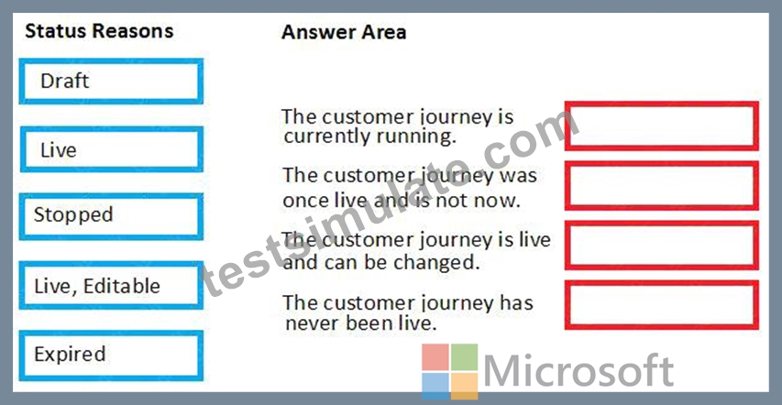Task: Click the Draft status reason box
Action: click(111, 82)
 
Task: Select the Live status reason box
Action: click(111, 149)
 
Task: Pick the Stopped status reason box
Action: click(111, 217)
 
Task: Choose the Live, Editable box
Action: click(111, 285)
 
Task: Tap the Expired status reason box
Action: click(111, 355)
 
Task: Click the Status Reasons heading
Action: click(99, 31)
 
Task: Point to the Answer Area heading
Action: click(344, 32)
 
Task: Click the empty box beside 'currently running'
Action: click(661, 126)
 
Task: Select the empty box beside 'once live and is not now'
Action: click(661, 185)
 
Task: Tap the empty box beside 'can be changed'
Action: click(661, 246)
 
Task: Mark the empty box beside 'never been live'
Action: click(661, 305)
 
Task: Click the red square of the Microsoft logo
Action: click(435, 356)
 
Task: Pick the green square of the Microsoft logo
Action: click(464, 356)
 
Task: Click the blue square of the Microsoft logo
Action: click(435, 386)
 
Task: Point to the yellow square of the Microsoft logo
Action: click(464, 386)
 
